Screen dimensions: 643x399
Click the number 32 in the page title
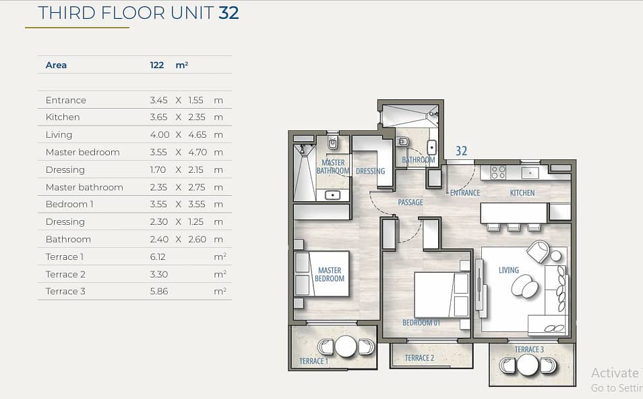[228, 13]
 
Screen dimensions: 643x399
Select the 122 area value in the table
[156, 65]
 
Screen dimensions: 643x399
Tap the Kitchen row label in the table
[63, 117]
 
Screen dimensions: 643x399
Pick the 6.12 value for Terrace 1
[158, 257]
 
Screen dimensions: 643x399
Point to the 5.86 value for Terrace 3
[159, 292]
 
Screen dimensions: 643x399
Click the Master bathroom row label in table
[84, 188]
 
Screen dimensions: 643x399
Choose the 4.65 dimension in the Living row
[197, 135]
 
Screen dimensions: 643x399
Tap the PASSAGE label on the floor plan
[410, 202]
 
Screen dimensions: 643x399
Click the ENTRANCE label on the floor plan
[465, 192]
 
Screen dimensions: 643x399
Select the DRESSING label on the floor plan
[370, 171]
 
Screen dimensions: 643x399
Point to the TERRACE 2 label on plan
[419, 358]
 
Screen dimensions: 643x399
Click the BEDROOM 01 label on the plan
[421, 323]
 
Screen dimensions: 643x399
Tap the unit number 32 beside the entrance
[461, 151]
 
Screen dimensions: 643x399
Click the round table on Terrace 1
[346, 346]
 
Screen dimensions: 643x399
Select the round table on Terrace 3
[528, 365]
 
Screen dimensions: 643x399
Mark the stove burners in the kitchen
[498, 172]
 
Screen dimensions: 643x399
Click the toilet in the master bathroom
[332, 143]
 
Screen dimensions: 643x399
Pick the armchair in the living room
[539, 251]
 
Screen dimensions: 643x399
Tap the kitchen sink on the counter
[530, 173]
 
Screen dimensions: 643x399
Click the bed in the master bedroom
[322, 273]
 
